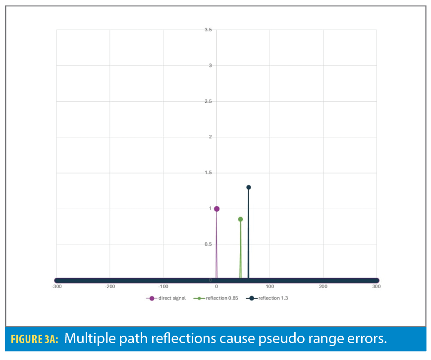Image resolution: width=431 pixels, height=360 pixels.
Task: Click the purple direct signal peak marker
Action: tap(216, 209)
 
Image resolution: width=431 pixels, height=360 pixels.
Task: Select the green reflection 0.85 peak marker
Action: tap(240, 219)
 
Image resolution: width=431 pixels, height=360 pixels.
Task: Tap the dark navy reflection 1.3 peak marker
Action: tap(249, 187)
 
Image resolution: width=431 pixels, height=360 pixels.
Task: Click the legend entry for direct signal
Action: tap(166, 298)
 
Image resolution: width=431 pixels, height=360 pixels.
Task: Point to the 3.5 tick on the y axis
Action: tap(209, 30)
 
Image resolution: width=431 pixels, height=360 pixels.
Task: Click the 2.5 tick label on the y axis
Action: tap(209, 102)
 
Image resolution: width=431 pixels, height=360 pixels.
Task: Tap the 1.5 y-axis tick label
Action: tap(209, 173)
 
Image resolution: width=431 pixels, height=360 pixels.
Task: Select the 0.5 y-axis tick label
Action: tap(209, 244)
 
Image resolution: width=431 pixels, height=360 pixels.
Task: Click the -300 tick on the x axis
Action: tap(56, 287)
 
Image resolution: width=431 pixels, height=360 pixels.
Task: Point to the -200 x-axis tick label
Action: tap(110, 287)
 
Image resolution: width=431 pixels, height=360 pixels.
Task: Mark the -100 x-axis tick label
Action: tap(163, 287)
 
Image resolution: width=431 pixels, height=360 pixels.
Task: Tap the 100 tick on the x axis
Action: tap(270, 287)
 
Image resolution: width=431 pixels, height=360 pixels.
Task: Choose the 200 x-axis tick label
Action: tap(323, 287)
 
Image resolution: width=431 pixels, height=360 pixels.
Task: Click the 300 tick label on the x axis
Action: tap(377, 287)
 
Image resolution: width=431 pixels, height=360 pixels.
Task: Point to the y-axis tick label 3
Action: tap(210, 66)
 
